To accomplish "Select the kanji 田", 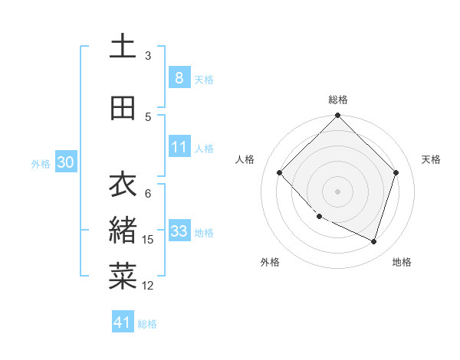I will click(x=123, y=108).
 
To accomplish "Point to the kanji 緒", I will click(x=123, y=230).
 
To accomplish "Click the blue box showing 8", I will click(x=179, y=77).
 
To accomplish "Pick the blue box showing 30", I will click(x=65, y=162).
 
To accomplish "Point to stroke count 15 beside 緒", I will click(x=148, y=240).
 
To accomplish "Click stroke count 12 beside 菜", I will click(x=148, y=286).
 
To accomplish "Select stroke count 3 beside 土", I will click(x=148, y=56).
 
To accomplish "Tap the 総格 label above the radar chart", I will click(x=338, y=100).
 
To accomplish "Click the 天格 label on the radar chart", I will click(x=432, y=159).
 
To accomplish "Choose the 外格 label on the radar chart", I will click(x=270, y=262).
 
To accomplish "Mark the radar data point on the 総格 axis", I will click(x=338, y=116).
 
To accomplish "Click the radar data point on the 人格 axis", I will click(x=280, y=172).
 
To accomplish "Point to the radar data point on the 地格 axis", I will click(x=373, y=241).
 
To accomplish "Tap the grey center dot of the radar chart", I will click(x=338, y=191).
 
